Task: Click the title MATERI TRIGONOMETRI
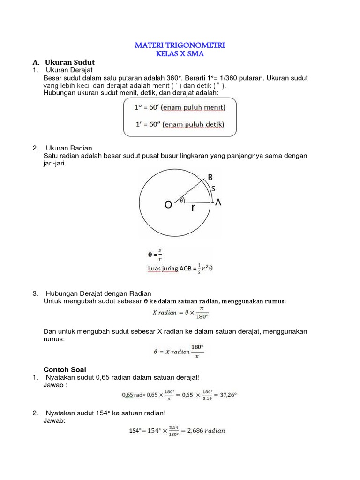tap(180, 45)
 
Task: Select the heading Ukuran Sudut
tap(70, 62)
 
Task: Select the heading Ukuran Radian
tap(66, 148)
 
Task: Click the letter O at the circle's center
tap(168, 205)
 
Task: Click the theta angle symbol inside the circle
tap(181, 199)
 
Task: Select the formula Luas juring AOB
tap(181, 269)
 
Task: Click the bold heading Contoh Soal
tap(63, 369)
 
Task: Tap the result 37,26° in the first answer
tap(225, 395)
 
